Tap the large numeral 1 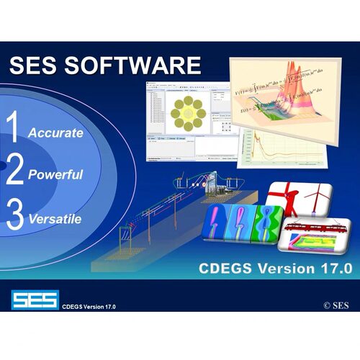click(x=13, y=128)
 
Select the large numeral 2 click(x=14, y=171)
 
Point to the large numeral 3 click(x=14, y=215)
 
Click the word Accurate click(x=55, y=133)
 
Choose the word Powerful click(x=55, y=174)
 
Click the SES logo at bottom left click(x=34, y=300)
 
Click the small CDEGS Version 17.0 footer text click(x=89, y=307)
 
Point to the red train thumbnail click(x=311, y=229)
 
